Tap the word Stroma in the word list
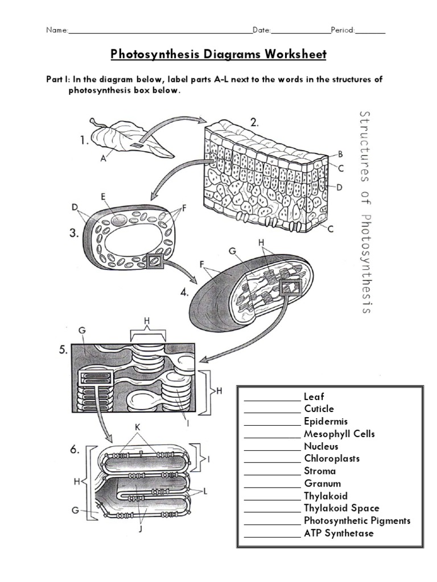320,471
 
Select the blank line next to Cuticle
271,410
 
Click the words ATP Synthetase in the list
339,533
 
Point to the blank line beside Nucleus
271,447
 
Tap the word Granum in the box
322,483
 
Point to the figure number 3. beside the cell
73,233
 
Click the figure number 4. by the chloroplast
185,293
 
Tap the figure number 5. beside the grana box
63,350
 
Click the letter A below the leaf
103,160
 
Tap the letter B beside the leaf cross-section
340,153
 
